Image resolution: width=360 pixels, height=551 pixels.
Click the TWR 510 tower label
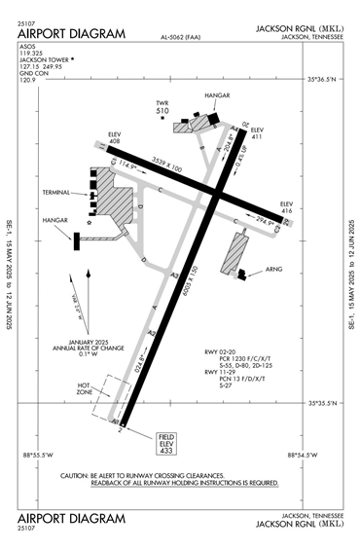coord(162,107)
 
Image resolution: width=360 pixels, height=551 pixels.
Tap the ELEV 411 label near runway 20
coord(257,134)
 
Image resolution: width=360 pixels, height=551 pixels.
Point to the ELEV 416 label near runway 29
coord(286,205)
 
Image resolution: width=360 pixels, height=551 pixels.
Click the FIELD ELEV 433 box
coord(167,443)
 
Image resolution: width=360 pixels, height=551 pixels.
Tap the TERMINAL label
coord(56,193)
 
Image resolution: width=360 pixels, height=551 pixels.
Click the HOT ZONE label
coord(89,389)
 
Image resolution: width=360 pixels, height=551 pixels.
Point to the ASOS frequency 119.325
coord(33,54)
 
